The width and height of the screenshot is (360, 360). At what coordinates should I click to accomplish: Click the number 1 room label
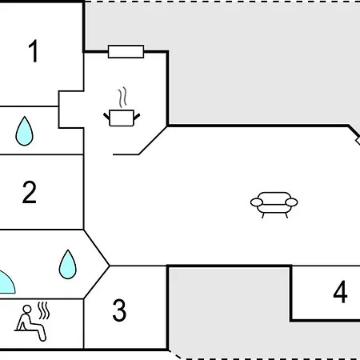tap(33, 51)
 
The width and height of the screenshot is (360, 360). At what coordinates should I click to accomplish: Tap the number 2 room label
tap(30, 192)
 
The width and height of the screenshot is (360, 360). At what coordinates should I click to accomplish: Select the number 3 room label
tap(119, 310)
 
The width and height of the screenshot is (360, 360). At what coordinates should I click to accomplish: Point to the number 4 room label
tap(340, 292)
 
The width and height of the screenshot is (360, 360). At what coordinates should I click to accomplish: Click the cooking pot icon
tap(122, 118)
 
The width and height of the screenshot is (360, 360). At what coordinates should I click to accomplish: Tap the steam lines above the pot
tap(122, 97)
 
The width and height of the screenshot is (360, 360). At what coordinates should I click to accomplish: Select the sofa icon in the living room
tap(274, 205)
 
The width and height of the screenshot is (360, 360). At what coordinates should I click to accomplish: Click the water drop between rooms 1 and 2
tap(24, 131)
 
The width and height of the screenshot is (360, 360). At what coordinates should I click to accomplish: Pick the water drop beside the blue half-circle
tap(67, 265)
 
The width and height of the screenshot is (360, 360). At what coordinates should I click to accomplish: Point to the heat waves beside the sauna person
tap(43, 310)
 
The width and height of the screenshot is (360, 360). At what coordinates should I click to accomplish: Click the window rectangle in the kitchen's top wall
tap(126, 51)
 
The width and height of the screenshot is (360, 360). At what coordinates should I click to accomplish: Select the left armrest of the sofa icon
tap(257, 202)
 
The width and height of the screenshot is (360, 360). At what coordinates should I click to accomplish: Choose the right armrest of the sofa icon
tap(291, 202)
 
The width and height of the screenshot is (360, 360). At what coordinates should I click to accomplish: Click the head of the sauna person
tap(27, 310)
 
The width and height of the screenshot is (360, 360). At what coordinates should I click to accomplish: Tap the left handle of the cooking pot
tap(106, 116)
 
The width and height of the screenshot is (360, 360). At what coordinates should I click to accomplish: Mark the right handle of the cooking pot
tap(137, 117)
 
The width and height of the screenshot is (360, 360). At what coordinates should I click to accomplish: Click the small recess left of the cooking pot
tap(71, 110)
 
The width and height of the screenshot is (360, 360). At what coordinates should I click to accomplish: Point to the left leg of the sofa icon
tap(263, 215)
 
